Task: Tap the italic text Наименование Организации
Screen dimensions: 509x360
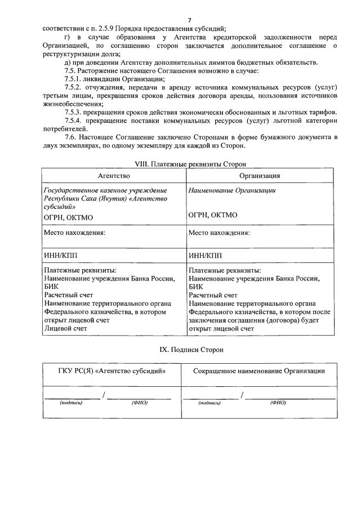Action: coord(232,190)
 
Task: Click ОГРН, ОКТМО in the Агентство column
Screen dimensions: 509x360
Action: coord(68,216)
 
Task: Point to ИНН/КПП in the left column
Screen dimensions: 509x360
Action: coord(61,255)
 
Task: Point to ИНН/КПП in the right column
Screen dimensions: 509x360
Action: coord(206,255)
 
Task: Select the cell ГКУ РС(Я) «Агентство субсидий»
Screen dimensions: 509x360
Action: coord(112,371)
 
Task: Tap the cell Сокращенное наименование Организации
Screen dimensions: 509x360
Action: coord(259,371)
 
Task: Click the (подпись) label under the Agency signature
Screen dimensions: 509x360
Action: coord(71,403)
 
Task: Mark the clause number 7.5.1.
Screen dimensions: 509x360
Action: coord(75,79)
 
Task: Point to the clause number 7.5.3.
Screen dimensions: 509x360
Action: coord(75,112)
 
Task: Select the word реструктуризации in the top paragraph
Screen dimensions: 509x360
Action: coord(69,53)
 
